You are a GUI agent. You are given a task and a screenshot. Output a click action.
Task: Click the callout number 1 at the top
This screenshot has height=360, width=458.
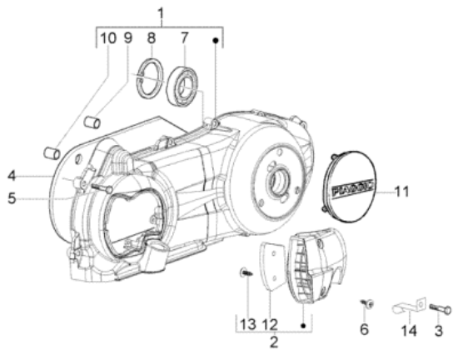pyautogui.click(x=162, y=13)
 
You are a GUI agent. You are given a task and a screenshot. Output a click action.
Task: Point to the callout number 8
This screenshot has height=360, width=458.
pyautogui.click(x=151, y=38)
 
